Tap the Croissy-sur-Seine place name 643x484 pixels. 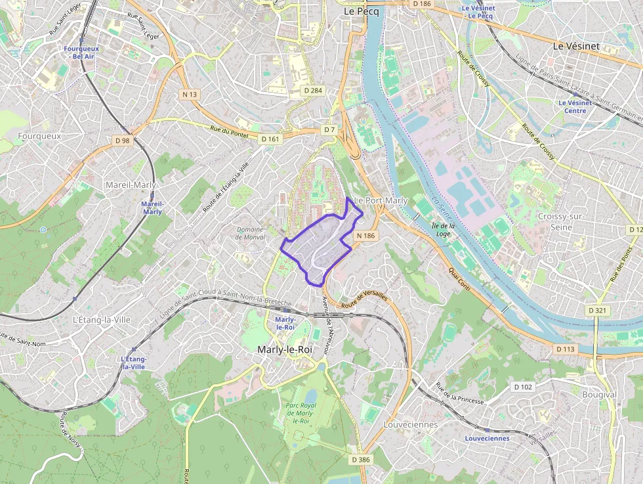pos(554,221)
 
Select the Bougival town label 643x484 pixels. pos(599,395)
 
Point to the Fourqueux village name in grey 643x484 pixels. pos(39,136)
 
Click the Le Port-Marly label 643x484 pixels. pos(381,200)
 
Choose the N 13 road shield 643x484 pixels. pos(190,95)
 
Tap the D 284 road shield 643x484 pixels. pos(313,89)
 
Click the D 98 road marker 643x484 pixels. pos(122,141)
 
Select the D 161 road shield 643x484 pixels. pos(270,139)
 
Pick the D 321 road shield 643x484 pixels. pos(597,310)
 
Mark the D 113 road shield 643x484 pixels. pos(564,349)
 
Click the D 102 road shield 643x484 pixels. pos(523,387)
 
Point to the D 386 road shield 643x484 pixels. pos(360,460)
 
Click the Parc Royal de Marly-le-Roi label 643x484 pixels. pos(301,412)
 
